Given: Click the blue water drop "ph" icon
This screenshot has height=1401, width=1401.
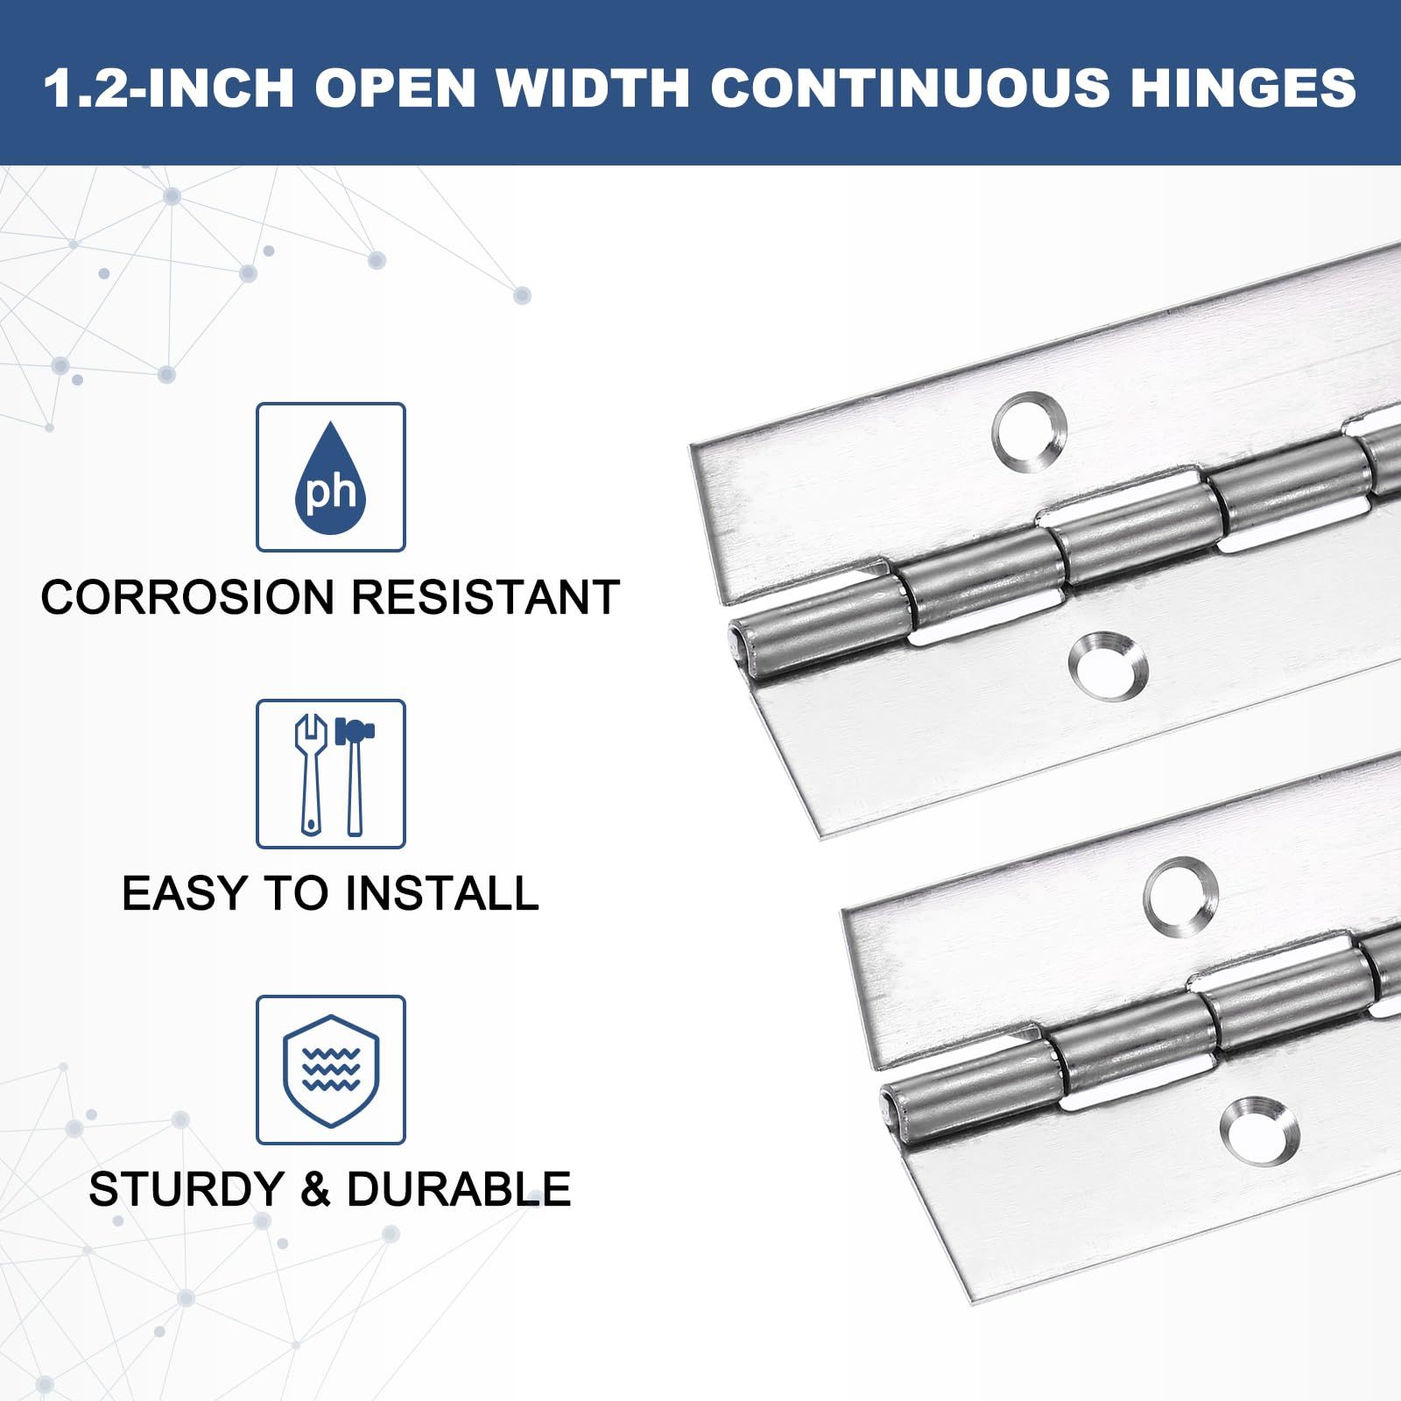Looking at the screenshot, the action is click(330, 477).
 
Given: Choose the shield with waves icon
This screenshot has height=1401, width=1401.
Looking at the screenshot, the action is click(331, 1070).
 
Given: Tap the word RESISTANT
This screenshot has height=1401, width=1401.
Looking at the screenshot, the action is click(486, 597).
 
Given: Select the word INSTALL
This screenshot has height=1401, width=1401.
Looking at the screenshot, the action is click(441, 893).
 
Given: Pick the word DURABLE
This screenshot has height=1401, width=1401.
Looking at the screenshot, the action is click(459, 1189).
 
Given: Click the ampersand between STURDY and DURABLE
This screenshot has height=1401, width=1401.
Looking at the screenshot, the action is click(314, 1189).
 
